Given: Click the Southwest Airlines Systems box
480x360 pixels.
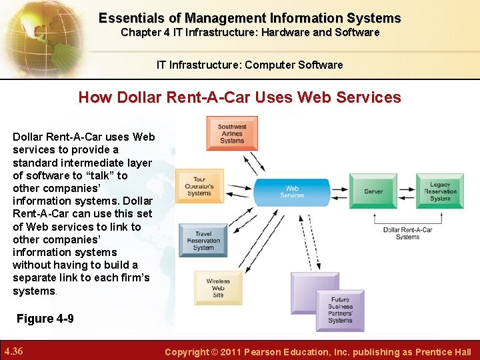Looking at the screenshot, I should click(x=232, y=133).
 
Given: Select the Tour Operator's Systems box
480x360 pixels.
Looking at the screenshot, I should click(x=199, y=186).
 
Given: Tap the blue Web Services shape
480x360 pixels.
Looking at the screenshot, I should click(x=292, y=191).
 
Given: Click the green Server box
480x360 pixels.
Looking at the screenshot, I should click(x=373, y=191).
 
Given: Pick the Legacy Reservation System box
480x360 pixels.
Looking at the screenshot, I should click(x=440, y=191).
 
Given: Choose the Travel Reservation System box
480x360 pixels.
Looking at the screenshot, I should click(x=203, y=240).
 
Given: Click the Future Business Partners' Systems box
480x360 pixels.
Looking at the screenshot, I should click(x=340, y=310).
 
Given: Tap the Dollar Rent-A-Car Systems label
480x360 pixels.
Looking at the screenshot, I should click(x=407, y=233).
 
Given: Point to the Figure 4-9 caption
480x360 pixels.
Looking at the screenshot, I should click(x=45, y=319).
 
